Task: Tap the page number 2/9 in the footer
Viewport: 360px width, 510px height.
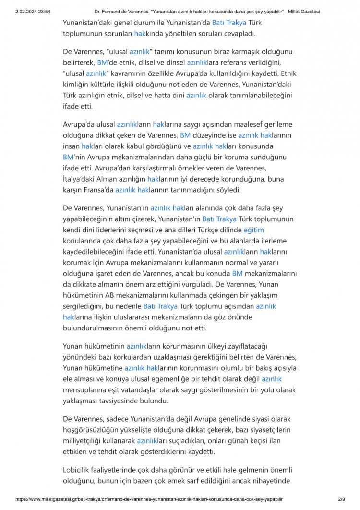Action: pos(342,500)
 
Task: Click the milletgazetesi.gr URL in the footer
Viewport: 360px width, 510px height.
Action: pos(149,500)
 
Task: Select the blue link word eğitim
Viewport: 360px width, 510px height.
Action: pos(254,230)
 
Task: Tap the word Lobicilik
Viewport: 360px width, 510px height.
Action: pos(79,469)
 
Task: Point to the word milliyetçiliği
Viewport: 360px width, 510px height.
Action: pos(86,441)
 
